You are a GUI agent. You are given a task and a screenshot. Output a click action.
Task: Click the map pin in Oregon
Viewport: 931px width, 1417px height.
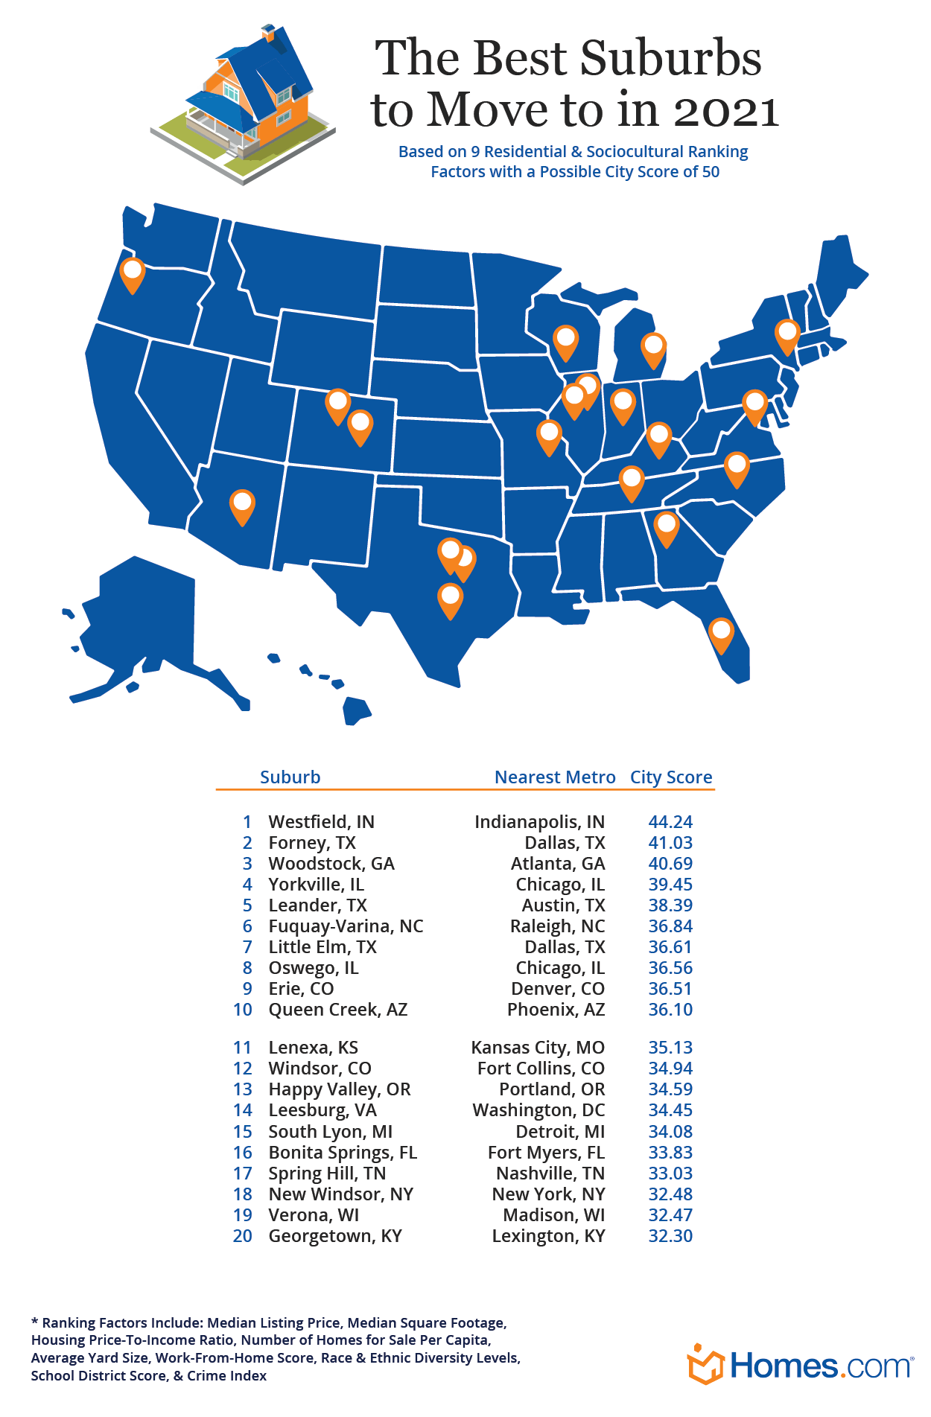[x=133, y=273]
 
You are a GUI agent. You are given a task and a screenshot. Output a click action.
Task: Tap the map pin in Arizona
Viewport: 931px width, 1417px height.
[x=242, y=506]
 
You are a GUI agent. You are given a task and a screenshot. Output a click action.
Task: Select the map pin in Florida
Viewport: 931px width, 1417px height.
[x=721, y=634]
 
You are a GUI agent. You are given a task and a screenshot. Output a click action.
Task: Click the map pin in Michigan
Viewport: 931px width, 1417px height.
[x=653, y=348]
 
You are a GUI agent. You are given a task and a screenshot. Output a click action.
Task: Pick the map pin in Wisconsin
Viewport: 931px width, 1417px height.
[x=566, y=340]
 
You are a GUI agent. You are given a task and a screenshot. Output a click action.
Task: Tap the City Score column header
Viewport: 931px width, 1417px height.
[x=671, y=777]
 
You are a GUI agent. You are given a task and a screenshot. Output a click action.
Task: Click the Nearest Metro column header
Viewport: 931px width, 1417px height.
[x=555, y=777]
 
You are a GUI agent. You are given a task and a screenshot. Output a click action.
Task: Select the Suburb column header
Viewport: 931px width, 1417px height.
[x=290, y=777]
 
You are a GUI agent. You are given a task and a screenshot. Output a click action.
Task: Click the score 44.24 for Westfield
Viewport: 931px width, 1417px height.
[x=670, y=822]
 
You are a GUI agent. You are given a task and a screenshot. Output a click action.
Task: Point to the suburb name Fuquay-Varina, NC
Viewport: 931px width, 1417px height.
[x=346, y=926]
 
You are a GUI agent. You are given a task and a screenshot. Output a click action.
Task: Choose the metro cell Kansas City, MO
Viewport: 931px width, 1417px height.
[x=538, y=1048]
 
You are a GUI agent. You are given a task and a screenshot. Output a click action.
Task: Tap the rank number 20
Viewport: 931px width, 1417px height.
[x=243, y=1236]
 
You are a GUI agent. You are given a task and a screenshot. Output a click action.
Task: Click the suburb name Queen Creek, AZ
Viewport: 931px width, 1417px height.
[x=338, y=1010]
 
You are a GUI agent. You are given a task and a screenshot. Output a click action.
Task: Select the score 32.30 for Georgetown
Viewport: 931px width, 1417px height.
[x=670, y=1236]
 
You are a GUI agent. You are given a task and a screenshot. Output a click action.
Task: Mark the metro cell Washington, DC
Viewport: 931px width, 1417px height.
[x=538, y=1110]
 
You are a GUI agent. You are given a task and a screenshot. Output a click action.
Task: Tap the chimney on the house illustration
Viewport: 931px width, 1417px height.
[x=269, y=34]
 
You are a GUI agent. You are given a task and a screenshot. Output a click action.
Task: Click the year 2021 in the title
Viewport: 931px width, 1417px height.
[x=726, y=111]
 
